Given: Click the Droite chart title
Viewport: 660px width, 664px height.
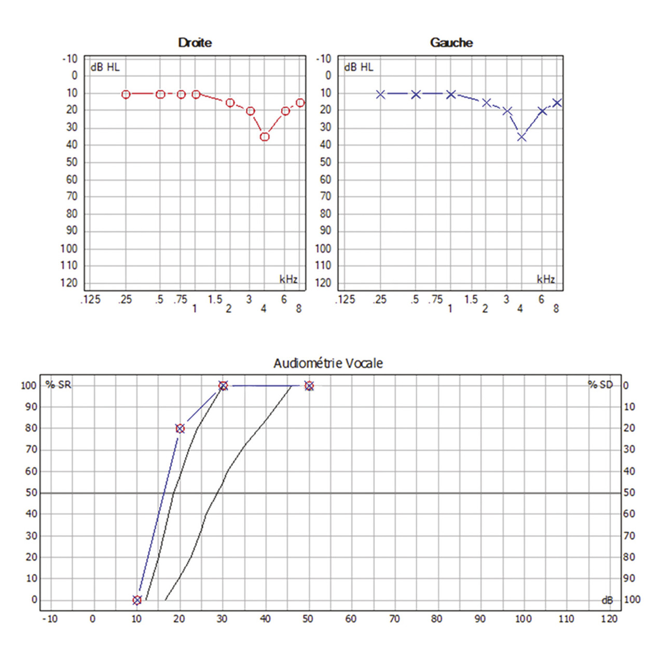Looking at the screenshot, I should pyautogui.click(x=195, y=43).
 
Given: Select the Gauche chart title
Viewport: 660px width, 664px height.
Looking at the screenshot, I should pyautogui.click(x=451, y=43).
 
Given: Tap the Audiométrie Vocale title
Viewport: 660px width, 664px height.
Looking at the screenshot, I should pyautogui.click(x=328, y=363).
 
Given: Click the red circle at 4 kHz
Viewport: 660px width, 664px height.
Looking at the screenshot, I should pyautogui.click(x=265, y=136).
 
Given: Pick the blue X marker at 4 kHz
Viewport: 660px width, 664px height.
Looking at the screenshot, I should pyautogui.click(x=521, y=137).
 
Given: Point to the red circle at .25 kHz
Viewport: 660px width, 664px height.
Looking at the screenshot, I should pyautogui.click(x=126, y=94).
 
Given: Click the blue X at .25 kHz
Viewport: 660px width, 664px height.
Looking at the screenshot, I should pyautogui.click(x=380, y=94).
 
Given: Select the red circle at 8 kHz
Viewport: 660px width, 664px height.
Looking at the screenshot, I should pyautogui.click(x=300, y=103).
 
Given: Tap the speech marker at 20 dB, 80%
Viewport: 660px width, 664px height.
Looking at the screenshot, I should pyautogui.click(x=180, y=428).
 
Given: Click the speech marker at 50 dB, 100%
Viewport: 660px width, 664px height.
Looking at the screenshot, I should pyautogui.click(x=309, y=386).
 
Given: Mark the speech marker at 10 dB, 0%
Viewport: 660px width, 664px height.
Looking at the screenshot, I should pyautogui.click(x=137, y=600).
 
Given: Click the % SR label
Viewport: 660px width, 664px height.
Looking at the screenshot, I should pyautogui.click(x=58, y=385).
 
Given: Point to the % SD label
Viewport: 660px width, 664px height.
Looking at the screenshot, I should pyautogui.click(x=600, y=385).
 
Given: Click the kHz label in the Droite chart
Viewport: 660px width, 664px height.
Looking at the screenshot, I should pyautogui.click(x=288, y=280).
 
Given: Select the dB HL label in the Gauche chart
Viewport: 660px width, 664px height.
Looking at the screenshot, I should pyautogui.click(x=359, y=67).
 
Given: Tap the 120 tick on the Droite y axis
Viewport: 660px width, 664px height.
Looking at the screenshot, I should pyautogui.click(x=69, y=283).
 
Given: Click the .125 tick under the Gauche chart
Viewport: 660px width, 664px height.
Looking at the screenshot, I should pyautogui.click(x=346, y=299).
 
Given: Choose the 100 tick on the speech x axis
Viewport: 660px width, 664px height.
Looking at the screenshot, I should pyautogui.click(x=523, y=618).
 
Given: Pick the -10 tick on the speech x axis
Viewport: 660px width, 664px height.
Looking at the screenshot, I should pyautogui.click(x=50, y=618).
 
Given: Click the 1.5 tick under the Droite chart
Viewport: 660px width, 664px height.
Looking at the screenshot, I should pyautogui.click(x=215, y=299).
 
